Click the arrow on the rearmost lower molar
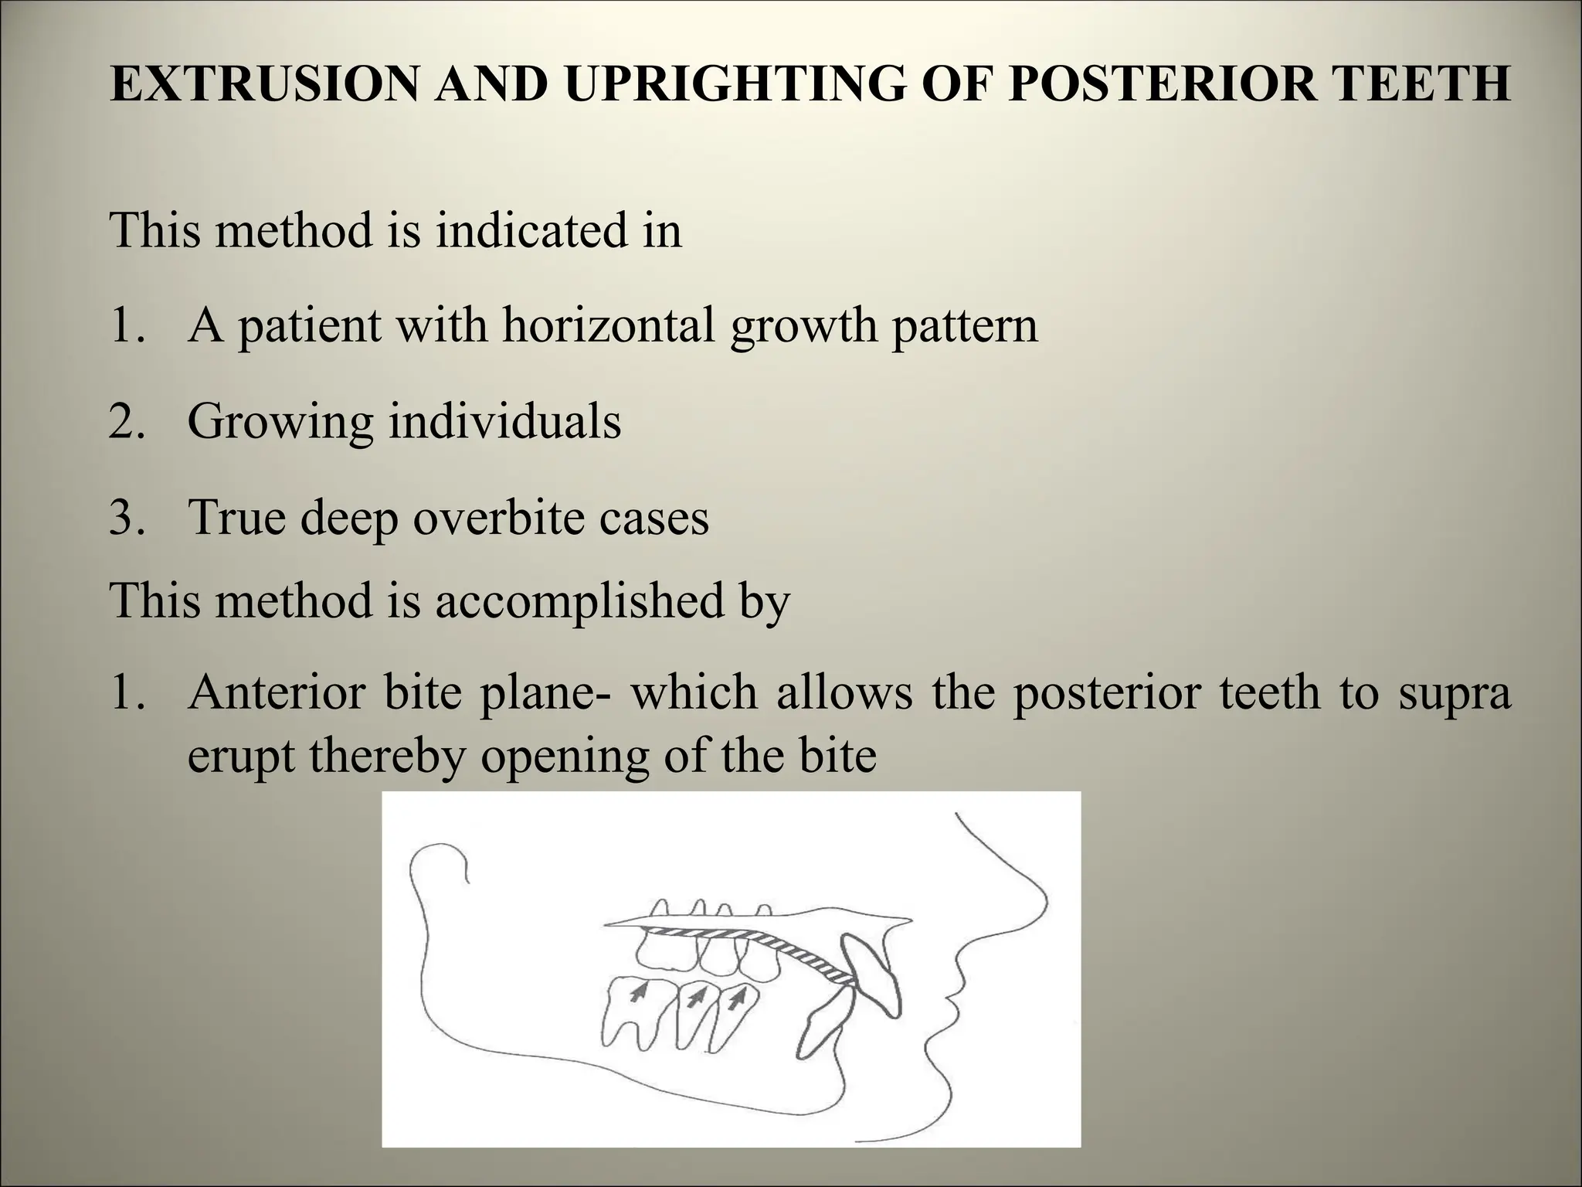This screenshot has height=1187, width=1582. tap(637, 993)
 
